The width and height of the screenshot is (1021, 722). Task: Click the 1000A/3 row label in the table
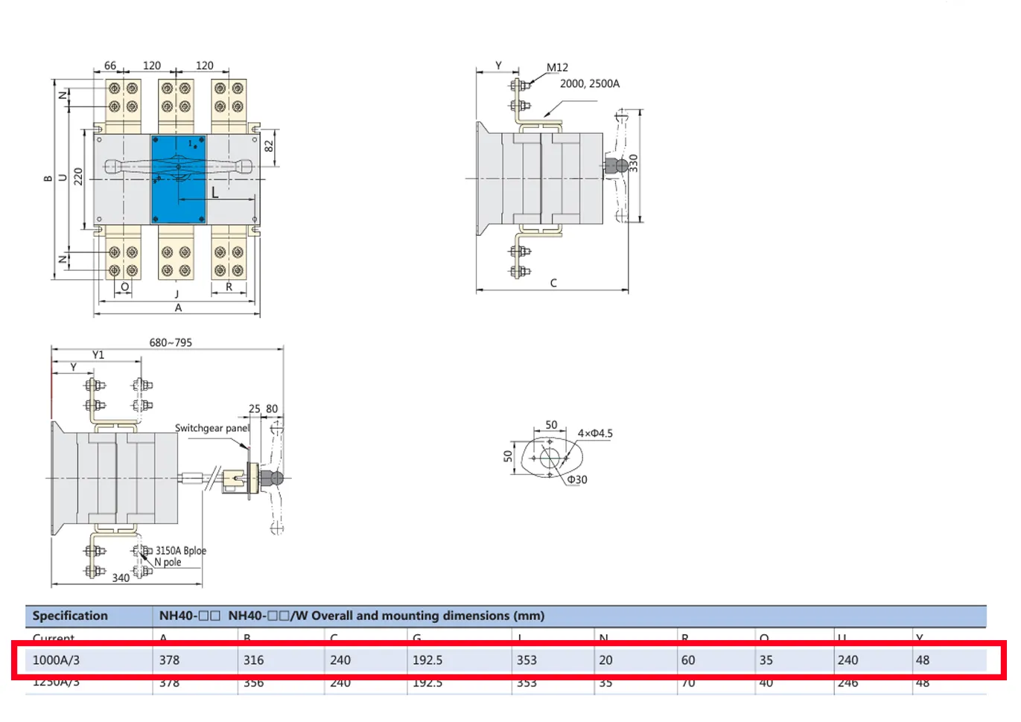tap(56, 660)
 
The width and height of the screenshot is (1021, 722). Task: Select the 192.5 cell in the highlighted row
tap(427, 660)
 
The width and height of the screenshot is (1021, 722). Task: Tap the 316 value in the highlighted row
tap(253, 660)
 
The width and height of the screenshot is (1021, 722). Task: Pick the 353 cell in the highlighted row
tap(527, 660)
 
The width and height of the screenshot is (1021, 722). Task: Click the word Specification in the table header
tap(70, 616)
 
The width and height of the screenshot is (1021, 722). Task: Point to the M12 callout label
tap(557, 68)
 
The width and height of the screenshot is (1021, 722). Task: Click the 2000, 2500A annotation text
tap(589, 83)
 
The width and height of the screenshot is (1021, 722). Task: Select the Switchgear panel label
tap(211, 428)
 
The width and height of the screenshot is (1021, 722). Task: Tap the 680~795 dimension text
tap(171, 342)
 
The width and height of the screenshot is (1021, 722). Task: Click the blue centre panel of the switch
tap(179, 179)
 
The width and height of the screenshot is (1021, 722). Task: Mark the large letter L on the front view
tap(214, 193)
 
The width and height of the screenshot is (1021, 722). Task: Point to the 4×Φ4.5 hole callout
tap(595, 433)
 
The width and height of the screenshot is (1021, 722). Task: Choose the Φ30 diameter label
tap(577, 480)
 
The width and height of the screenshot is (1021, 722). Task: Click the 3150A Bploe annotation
tap(181, 551)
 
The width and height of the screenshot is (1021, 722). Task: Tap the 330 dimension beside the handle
tap(634, 163)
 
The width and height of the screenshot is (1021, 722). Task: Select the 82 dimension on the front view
tap(269, 146)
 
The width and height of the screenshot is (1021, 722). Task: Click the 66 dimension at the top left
tap(110, 66)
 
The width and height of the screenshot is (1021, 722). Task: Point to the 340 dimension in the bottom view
tap(121, 578)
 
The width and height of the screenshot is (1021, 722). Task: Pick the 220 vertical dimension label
tap(78, 177)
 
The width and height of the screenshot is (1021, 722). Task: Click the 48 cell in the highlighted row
tap(923, 660)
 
